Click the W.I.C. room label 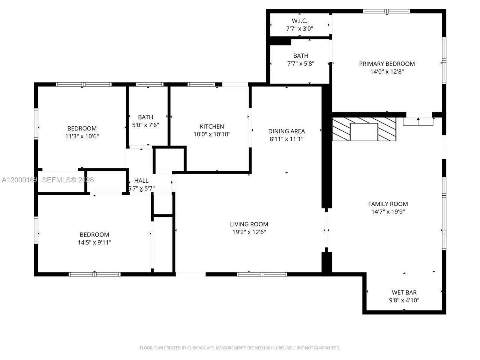[x=300, y=21]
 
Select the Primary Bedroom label [x=387, y=64]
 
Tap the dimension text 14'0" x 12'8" [x=387, y=72]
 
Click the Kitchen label [x=212, y=126]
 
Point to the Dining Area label [x=286, y=131]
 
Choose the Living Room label [x=249, y=224]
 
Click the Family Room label [x=388, y=204]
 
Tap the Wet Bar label [x=404, y=292]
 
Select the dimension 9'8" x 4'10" [x=404, y=300]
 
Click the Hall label [x=141, y=181]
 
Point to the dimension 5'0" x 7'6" [x=145, y=125]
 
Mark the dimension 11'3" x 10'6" [x=82, y=136]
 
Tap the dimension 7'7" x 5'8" [x=300, y=64]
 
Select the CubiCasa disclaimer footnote [x=240, y=348]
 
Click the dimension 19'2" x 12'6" [x=249, y=232]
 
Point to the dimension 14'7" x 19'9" [x=388, y=211]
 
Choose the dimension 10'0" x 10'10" [x=212, y=134]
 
